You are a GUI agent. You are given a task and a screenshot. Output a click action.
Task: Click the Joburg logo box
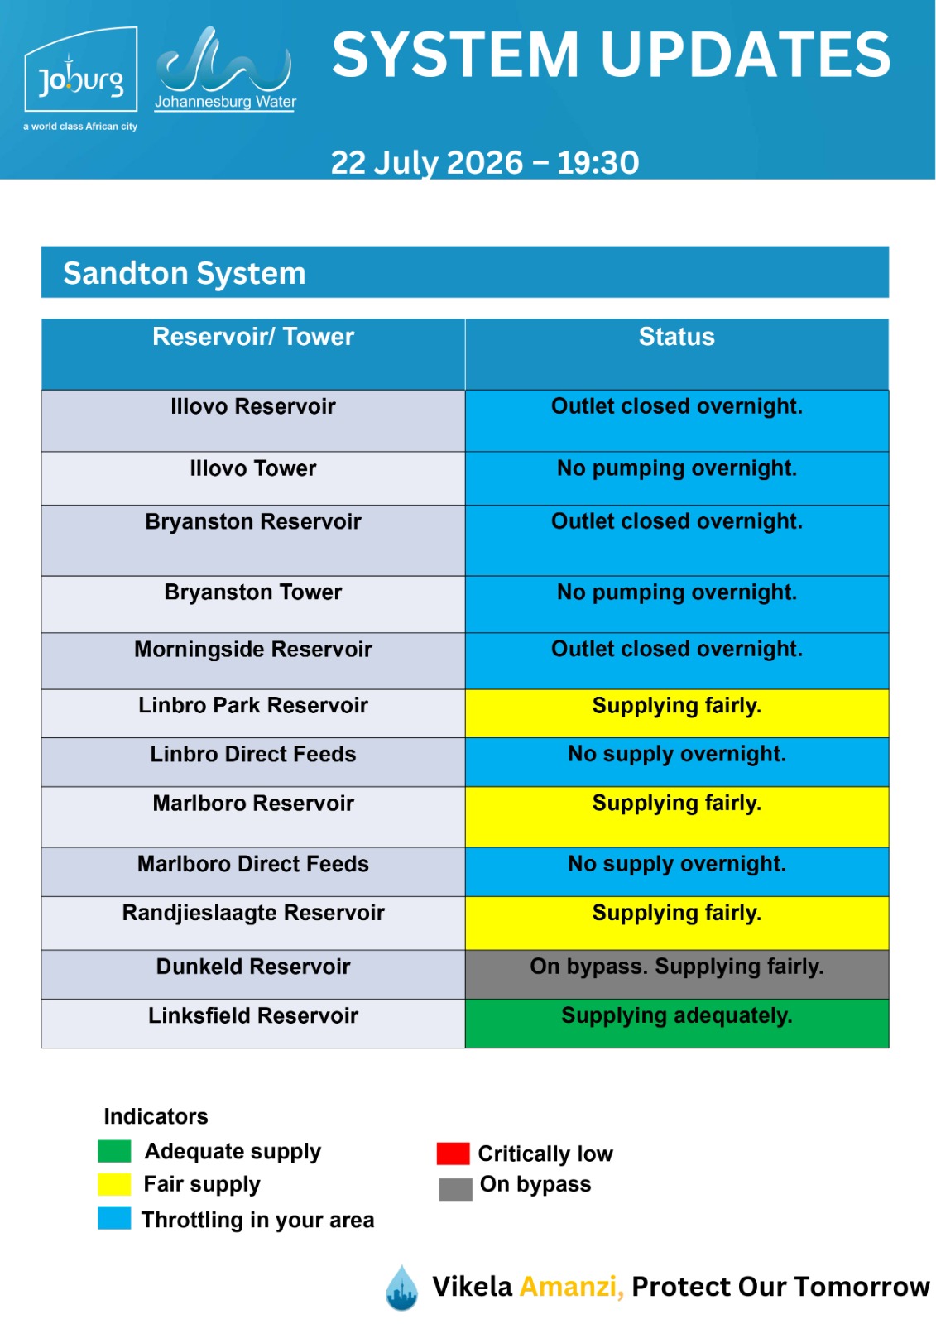[x=80, y=70]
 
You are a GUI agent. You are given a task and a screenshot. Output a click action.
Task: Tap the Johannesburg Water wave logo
[x=224, y=59]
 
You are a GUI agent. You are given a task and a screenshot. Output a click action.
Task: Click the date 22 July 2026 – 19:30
[x=485, y=162]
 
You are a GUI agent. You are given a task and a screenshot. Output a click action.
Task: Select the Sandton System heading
[x=185, y=273]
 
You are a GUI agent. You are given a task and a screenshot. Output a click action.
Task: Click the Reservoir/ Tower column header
[x=253, y=337]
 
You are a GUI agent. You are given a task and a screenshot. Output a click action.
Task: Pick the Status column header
[x=676, y=337]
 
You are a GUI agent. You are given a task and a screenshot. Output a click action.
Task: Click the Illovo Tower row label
[x=253, y=468]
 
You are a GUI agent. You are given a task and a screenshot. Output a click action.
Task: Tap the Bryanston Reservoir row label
[x=253, y=522]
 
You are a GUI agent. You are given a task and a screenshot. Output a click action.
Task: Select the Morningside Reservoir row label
[x=253, y=649]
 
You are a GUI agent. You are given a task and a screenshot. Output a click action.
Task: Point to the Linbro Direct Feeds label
[x=253, y=754]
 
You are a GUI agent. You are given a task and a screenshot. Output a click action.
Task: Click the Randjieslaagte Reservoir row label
[x=253, y=913]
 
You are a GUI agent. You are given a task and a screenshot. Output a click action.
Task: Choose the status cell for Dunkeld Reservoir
[x=677, y=975]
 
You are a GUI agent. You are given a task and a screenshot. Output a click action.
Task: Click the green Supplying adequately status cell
[x=677, y=1023]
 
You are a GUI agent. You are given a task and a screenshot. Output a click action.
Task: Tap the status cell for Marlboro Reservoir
[x=677, y=816]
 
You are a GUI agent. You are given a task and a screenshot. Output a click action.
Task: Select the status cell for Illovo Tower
[x=677, y=478]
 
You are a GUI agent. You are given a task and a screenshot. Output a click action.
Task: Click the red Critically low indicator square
[x=453, y=1154]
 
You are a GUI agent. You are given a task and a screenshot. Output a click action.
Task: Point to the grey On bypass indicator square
[x=455, y=1188]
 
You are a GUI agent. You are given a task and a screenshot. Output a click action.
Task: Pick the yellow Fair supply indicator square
[x=114, y=1184]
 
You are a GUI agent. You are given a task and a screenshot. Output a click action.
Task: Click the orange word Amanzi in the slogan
[x=571, y=1287]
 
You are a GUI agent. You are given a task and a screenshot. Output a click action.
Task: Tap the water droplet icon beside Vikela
[x=401, y=1288]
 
